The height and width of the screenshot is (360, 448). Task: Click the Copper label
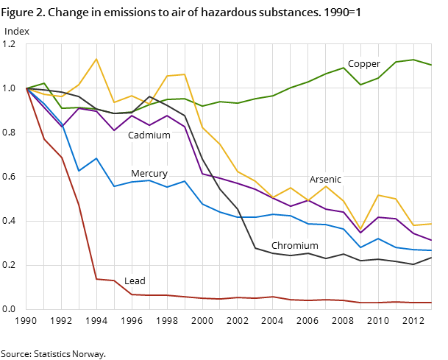364,64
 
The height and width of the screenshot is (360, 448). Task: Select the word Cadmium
149,135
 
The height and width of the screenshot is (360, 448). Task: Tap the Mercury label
149,174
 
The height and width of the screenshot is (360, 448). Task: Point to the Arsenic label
325,180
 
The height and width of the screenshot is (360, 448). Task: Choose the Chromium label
295,246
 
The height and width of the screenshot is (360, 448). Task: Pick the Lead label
135,281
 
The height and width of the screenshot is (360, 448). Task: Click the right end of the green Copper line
431,65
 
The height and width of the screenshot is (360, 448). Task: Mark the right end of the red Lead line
431,303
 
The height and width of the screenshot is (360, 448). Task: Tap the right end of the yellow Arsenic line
431,224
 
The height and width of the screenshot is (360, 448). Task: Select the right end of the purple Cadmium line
431,240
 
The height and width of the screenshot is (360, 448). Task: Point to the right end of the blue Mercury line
431,250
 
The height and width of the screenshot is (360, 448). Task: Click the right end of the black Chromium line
431,257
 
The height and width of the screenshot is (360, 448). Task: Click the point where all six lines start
26,88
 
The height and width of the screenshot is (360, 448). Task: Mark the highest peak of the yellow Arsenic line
96,59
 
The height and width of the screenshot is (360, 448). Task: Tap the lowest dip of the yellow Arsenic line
360,229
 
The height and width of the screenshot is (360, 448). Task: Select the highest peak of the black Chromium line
149,96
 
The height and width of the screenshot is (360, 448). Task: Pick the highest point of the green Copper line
413,60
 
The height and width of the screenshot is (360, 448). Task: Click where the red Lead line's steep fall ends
96,279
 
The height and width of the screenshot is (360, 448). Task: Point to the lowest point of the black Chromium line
413,264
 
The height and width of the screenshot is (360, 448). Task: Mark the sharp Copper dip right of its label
360,85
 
